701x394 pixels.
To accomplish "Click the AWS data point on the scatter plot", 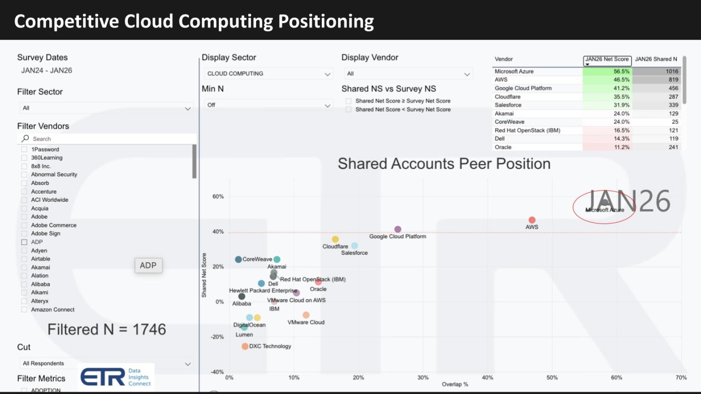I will click(x=532, y=220).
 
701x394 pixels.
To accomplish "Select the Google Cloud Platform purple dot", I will click(x=398, y=229).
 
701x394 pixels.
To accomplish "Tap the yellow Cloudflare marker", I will click(x=335, y=239).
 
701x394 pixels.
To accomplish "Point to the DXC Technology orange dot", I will click(x=245, y=346).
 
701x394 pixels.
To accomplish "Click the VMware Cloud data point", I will click(x=306, y=315).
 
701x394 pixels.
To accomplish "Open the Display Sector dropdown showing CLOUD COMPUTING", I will click(x=268, y=74).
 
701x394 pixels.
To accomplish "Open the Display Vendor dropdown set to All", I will click(x=408, y=74).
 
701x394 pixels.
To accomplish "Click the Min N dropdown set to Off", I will click(x=268, y=105).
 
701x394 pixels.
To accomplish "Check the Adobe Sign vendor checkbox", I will click(x=24, y=233).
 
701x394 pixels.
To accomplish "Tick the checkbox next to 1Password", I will click(x=24, y=149).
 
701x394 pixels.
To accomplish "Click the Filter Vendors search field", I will click(x=110, y=139).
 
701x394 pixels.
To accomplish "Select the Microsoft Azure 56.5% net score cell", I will click(x=607, y=71).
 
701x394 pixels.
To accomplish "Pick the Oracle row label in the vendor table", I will click(x=503, y=147).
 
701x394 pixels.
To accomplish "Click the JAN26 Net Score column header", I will click(x=607, y=59).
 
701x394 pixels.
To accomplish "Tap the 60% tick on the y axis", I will click(x=218, y=197).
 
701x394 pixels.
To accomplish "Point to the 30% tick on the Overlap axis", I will click(x=423, y=378).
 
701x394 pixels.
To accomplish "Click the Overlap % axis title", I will click(x=455, y=384).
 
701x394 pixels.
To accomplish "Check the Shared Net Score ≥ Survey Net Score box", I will click(x=349, y=101).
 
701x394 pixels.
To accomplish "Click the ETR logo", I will click(x=103, y=377).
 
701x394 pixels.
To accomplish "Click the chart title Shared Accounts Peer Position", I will click(x=444, y=163).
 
